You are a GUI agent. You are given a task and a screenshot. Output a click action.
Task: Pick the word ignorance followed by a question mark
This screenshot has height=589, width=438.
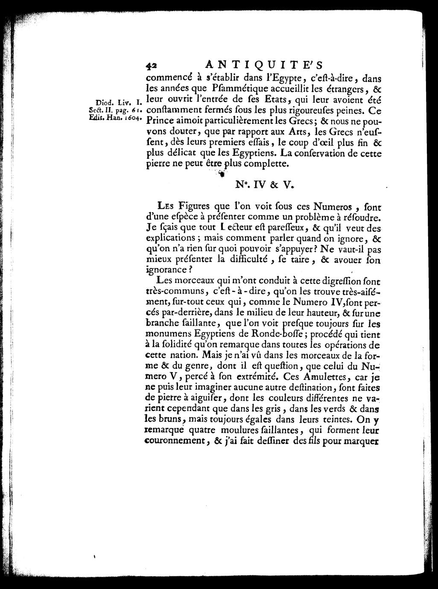(166, 270)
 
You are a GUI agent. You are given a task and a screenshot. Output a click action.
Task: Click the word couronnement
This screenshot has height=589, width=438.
(175, 442)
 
